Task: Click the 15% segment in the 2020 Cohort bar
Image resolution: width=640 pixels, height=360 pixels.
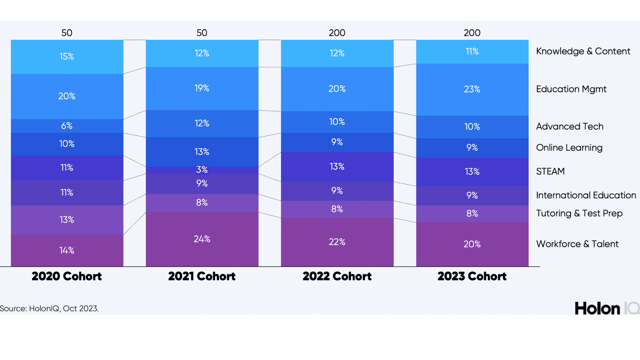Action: [67, 56]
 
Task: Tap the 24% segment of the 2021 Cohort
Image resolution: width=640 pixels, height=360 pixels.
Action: [202, 239]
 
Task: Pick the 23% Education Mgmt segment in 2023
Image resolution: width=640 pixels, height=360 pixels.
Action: [472, 89]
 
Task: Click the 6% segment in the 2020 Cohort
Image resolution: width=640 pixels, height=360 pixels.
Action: [67, 126]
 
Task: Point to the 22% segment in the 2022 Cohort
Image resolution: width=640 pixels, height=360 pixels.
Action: [337, 242]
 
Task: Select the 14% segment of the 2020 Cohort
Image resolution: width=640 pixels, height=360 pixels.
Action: [67, 250]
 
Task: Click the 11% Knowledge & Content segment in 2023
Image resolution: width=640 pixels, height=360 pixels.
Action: [472, 51]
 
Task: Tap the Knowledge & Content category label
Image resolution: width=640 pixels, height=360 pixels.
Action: [583, 51]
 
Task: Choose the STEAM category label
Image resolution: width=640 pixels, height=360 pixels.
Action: [550, 171]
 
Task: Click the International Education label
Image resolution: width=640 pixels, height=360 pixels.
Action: [586, 195]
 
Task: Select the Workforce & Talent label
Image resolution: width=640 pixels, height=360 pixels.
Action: [577, 244]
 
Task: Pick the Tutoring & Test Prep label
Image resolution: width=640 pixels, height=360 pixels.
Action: [579, 213]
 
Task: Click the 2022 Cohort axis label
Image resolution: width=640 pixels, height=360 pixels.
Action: [337, 276]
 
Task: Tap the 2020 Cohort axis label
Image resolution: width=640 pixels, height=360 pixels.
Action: [67, 276]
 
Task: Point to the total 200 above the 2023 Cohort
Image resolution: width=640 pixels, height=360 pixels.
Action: [472, 33]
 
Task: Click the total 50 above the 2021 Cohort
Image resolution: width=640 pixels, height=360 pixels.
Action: [202, 33]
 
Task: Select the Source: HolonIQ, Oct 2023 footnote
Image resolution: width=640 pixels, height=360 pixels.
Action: [49, 309]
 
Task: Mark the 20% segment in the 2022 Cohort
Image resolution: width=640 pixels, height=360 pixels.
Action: [337, 89]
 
